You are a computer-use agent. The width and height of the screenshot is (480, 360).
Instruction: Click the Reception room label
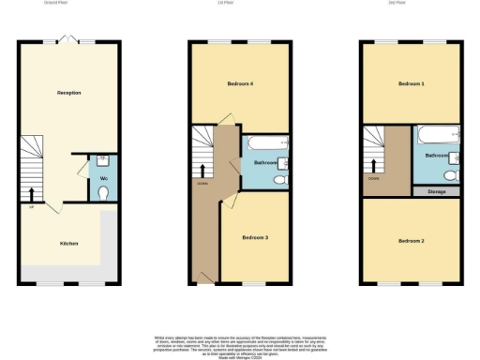[69, 93]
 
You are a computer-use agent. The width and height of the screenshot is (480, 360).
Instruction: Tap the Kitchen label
[68, 244]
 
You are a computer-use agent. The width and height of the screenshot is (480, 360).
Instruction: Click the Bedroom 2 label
[412, 241]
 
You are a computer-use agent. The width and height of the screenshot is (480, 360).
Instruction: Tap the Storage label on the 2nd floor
[435, 190]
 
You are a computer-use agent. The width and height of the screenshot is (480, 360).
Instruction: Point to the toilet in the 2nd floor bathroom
[450, 175]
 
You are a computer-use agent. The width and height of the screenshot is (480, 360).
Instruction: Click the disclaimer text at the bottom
[240, 343]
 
